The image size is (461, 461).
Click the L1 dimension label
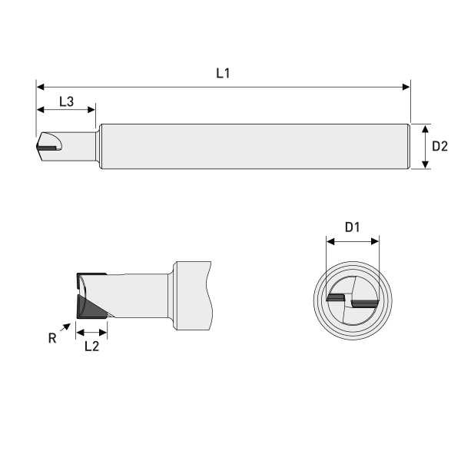(x=223, y=75)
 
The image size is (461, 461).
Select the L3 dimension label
(x=66, y=102)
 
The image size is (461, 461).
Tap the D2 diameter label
(x=439, y=146)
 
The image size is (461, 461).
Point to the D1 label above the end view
(x=353, y=227)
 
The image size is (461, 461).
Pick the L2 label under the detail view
(x=91, y=347)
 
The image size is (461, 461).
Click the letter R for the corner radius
(x=52, y=337)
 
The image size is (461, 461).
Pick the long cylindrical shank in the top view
(x=254, y=146)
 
